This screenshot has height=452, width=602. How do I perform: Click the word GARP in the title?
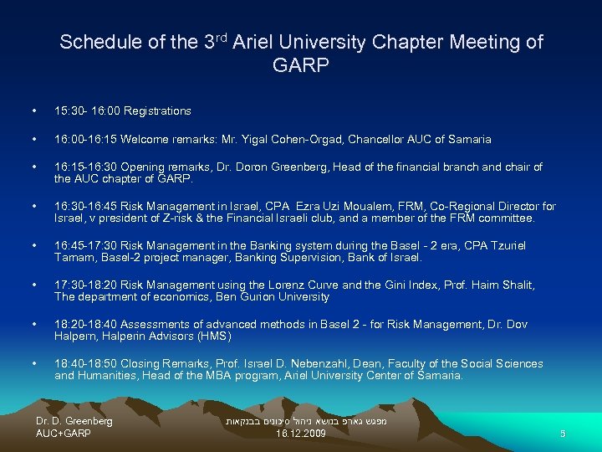tap(301, 65)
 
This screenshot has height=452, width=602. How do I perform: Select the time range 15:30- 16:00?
tap(86, 111)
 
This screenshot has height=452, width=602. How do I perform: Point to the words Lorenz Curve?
tap(314, 285)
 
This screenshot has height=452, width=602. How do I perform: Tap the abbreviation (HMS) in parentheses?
tap(212, 336)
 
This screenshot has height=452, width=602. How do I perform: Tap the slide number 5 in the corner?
tap(564, 434)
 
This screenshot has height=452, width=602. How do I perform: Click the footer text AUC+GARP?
tap(64, 434)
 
